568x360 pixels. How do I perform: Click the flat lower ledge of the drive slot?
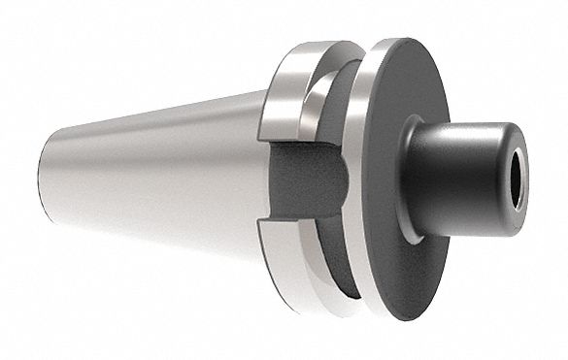pos(291,221)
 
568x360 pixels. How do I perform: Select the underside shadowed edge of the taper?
pos(155,233)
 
